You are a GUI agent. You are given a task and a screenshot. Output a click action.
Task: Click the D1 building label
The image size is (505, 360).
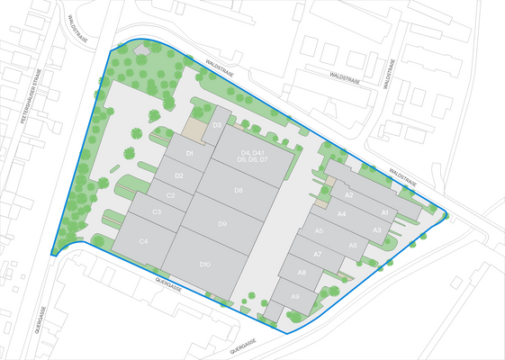point(190,155)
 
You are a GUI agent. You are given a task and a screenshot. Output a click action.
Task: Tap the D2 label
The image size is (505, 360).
point(179,175)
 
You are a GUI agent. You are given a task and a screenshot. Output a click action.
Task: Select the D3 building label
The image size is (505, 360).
point(217,125)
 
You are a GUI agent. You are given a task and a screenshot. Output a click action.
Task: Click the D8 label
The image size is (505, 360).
point(238,190)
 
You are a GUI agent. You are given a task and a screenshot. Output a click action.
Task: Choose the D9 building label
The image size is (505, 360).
point(221,223)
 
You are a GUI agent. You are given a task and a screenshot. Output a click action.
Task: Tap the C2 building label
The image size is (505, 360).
point(170,194)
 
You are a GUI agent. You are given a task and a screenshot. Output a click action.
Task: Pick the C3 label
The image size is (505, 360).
point(157,212)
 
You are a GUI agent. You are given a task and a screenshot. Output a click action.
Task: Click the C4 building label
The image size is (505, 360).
point(143,242)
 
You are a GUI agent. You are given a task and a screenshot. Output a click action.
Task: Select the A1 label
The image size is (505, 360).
point(384,212)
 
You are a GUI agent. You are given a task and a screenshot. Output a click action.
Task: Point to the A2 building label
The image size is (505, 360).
point(349,195)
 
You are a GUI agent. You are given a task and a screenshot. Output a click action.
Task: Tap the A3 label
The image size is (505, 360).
point(377,230)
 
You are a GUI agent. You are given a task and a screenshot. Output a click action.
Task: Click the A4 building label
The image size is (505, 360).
point(342,214)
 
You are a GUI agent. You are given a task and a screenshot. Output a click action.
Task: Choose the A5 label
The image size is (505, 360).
point(320,231)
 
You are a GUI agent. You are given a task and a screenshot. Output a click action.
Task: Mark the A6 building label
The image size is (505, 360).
point(353,246)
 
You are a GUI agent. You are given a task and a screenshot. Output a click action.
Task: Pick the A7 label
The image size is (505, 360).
point(317,255)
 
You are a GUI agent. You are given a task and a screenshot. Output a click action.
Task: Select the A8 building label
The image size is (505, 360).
point(302,273)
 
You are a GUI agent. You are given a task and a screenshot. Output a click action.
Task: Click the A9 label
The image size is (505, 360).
point(295,295)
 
